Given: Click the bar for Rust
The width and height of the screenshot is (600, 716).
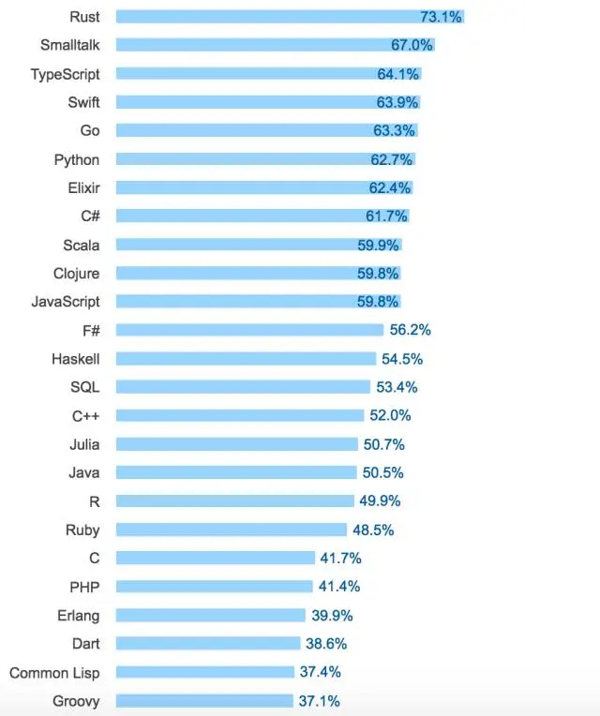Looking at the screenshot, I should [281, 17].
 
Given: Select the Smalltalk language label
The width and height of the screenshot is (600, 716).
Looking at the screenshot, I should [69, 45].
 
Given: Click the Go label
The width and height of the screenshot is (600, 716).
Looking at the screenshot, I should [89, 130].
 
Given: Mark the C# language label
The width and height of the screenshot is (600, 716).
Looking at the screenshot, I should [90, 216].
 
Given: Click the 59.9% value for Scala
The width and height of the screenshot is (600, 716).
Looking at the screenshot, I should [379, 245].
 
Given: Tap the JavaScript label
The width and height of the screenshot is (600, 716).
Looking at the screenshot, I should [66, 302].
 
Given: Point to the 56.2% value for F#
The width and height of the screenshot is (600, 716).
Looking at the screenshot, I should [411, 330].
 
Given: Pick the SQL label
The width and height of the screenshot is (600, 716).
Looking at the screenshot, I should [84, 387].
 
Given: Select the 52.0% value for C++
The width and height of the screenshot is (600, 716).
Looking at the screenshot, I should [391, 415].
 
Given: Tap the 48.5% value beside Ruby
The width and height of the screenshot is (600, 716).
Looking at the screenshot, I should [374, 530].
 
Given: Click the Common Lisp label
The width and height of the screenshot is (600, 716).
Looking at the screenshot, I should [54, 672].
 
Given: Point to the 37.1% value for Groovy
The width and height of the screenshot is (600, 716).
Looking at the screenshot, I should [320, 700].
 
